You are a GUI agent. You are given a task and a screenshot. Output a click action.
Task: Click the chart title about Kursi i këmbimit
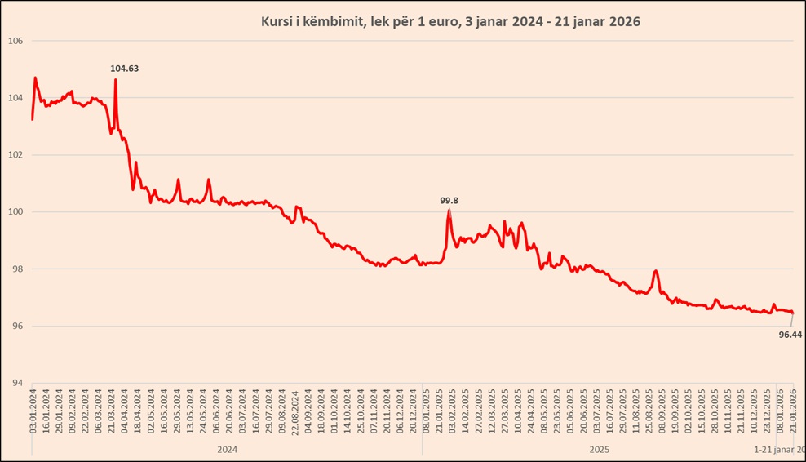pos(450,22)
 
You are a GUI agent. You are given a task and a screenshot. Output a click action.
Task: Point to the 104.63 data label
pos(125,69)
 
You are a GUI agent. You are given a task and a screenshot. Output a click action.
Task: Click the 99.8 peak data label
pos(449,200)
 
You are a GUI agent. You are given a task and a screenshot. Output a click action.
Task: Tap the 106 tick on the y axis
pos(15,41)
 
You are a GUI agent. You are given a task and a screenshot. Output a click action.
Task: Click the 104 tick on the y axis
pos(15,98)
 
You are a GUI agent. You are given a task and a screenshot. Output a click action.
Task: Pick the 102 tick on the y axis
pos(15,155)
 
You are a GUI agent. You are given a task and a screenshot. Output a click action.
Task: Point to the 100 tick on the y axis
pos(15,212)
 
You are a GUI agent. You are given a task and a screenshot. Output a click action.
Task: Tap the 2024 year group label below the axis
pos(227,449)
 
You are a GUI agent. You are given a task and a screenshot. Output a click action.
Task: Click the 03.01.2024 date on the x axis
pos(33,412)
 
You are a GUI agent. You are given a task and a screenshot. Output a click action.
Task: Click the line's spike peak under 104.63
pos(116,79)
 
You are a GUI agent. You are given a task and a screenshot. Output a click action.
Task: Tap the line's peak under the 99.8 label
pos(449,211)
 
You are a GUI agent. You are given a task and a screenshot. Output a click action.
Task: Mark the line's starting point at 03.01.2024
pos(32,119)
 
